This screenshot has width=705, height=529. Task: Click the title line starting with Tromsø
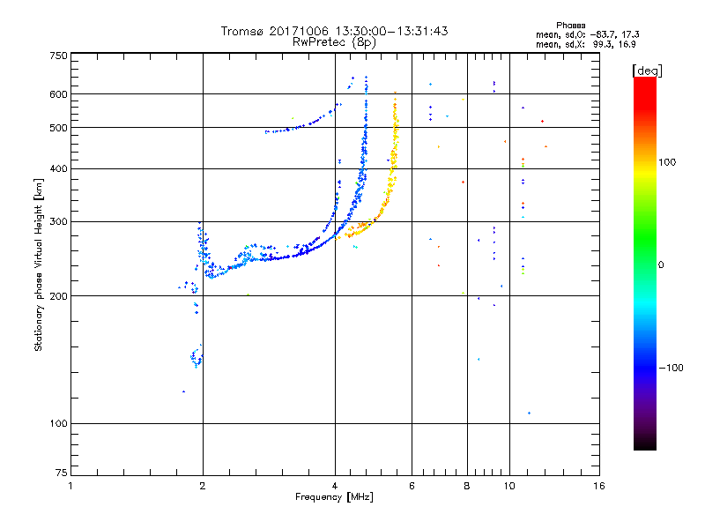click(x=334, y=31)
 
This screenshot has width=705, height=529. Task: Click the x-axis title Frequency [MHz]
click(x=334, y=498)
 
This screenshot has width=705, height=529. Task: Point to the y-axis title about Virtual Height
click(x=39, y=264)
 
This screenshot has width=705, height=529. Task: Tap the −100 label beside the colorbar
click(x=672, y=368)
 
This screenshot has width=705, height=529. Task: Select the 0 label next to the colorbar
click(x=662, y=264)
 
